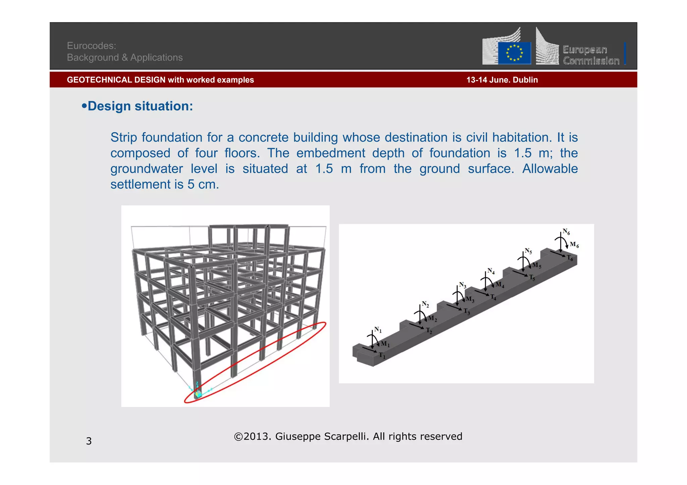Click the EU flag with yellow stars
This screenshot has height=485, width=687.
pyautogui.click(x=514, y=53)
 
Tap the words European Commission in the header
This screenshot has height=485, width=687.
pyautogui.click(x=591, y=55)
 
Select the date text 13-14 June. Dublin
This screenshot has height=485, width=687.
pyautogui.click(x=502, y=80)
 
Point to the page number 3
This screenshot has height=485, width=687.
pyautogui.click(x=89, y=441)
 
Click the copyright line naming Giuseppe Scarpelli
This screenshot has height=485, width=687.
pyautogui.click(x=348, y=436)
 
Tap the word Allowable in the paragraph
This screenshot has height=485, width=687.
pyautogui.click(x=550, y=169)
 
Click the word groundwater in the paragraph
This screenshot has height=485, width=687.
pyautogui.click(x=147, y=169)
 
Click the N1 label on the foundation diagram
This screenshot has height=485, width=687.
pyautogui.click(x=378, y=330)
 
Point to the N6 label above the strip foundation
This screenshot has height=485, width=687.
pyautogui.click(x=566, y=231)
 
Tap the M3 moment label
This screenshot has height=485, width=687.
pyautogui.click(x=470, y=299)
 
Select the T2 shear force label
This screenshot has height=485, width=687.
pyautogui.click(x=429, y=331)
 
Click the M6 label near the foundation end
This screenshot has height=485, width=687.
pyautogui.click(x=574, y=245)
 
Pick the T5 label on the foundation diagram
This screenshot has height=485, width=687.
pyautogui.click(x=532, y=278)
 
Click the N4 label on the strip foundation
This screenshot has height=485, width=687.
pyautogui.click(x=491, y=271)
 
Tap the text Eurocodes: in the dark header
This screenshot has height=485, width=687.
pyautogui.click(x=91, y=46)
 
